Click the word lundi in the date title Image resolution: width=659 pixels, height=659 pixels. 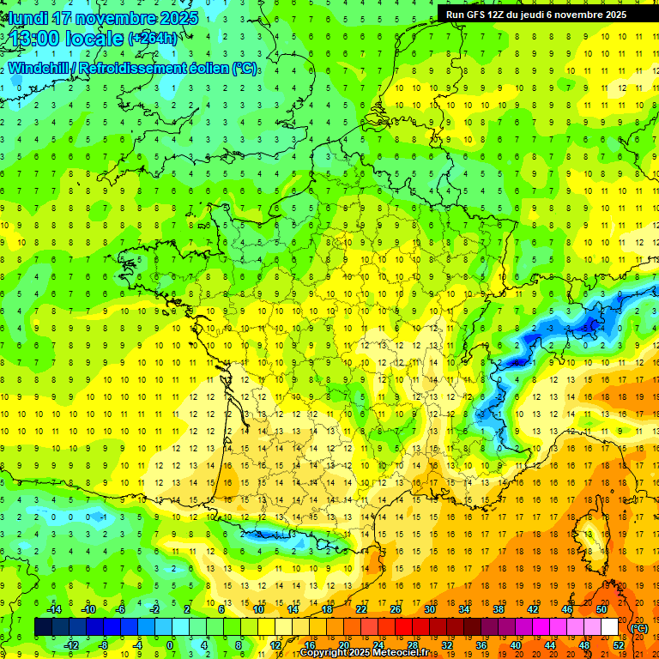tap(29, 18)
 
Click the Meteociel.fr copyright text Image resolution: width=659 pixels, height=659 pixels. tap(369, 653)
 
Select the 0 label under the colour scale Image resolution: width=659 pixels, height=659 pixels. tap(170, 645)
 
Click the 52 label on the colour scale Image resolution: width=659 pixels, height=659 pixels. tap(619, 645)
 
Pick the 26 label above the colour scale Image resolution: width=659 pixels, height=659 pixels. tap(396, 609)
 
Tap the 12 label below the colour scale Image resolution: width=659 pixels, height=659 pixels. tap(275, 645)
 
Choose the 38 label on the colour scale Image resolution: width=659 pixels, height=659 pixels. tap(499, 609)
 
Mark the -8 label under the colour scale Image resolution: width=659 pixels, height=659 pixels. tap(104, 645)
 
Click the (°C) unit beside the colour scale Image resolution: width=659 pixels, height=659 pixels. tap(639, 628)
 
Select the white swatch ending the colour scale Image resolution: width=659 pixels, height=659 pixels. tap(610, 627)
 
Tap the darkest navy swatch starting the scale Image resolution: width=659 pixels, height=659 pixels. tap(43, 627)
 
